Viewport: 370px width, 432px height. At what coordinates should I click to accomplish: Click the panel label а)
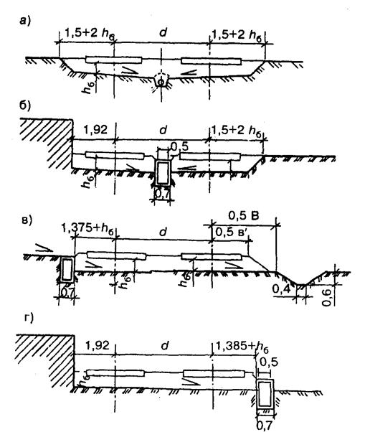(25, 21)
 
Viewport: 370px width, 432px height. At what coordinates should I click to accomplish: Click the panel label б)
(25, 106)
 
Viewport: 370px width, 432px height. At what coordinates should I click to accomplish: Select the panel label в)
(27, 220)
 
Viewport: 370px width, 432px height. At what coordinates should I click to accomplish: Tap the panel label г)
(29, 318)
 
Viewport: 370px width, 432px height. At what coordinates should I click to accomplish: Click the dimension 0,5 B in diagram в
(244, 216)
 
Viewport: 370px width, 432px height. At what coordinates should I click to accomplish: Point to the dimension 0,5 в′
(232, 233)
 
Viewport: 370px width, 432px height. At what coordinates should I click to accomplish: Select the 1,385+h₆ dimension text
(241, 346)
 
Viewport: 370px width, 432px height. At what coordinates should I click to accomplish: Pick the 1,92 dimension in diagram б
(95, 129)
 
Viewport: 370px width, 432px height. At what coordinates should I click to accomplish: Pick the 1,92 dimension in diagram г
(98, 345)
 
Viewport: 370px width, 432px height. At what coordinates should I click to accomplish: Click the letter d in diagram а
(163, 32)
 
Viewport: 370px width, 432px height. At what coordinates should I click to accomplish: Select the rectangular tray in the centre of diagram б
(163, 172)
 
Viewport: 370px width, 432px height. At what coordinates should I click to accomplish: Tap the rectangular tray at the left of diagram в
(67, 269)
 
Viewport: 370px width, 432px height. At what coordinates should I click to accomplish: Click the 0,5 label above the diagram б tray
(180, 146)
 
